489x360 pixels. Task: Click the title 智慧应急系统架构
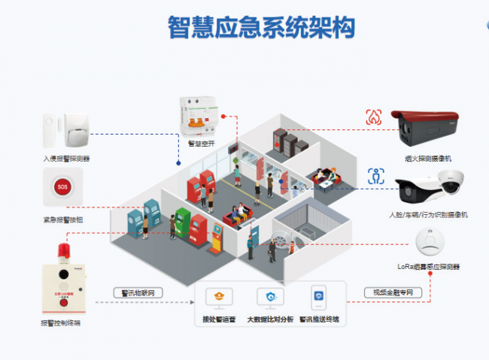260,28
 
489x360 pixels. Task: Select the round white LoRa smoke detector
430,243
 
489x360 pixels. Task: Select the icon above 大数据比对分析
271,298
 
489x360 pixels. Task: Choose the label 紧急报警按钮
63,220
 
